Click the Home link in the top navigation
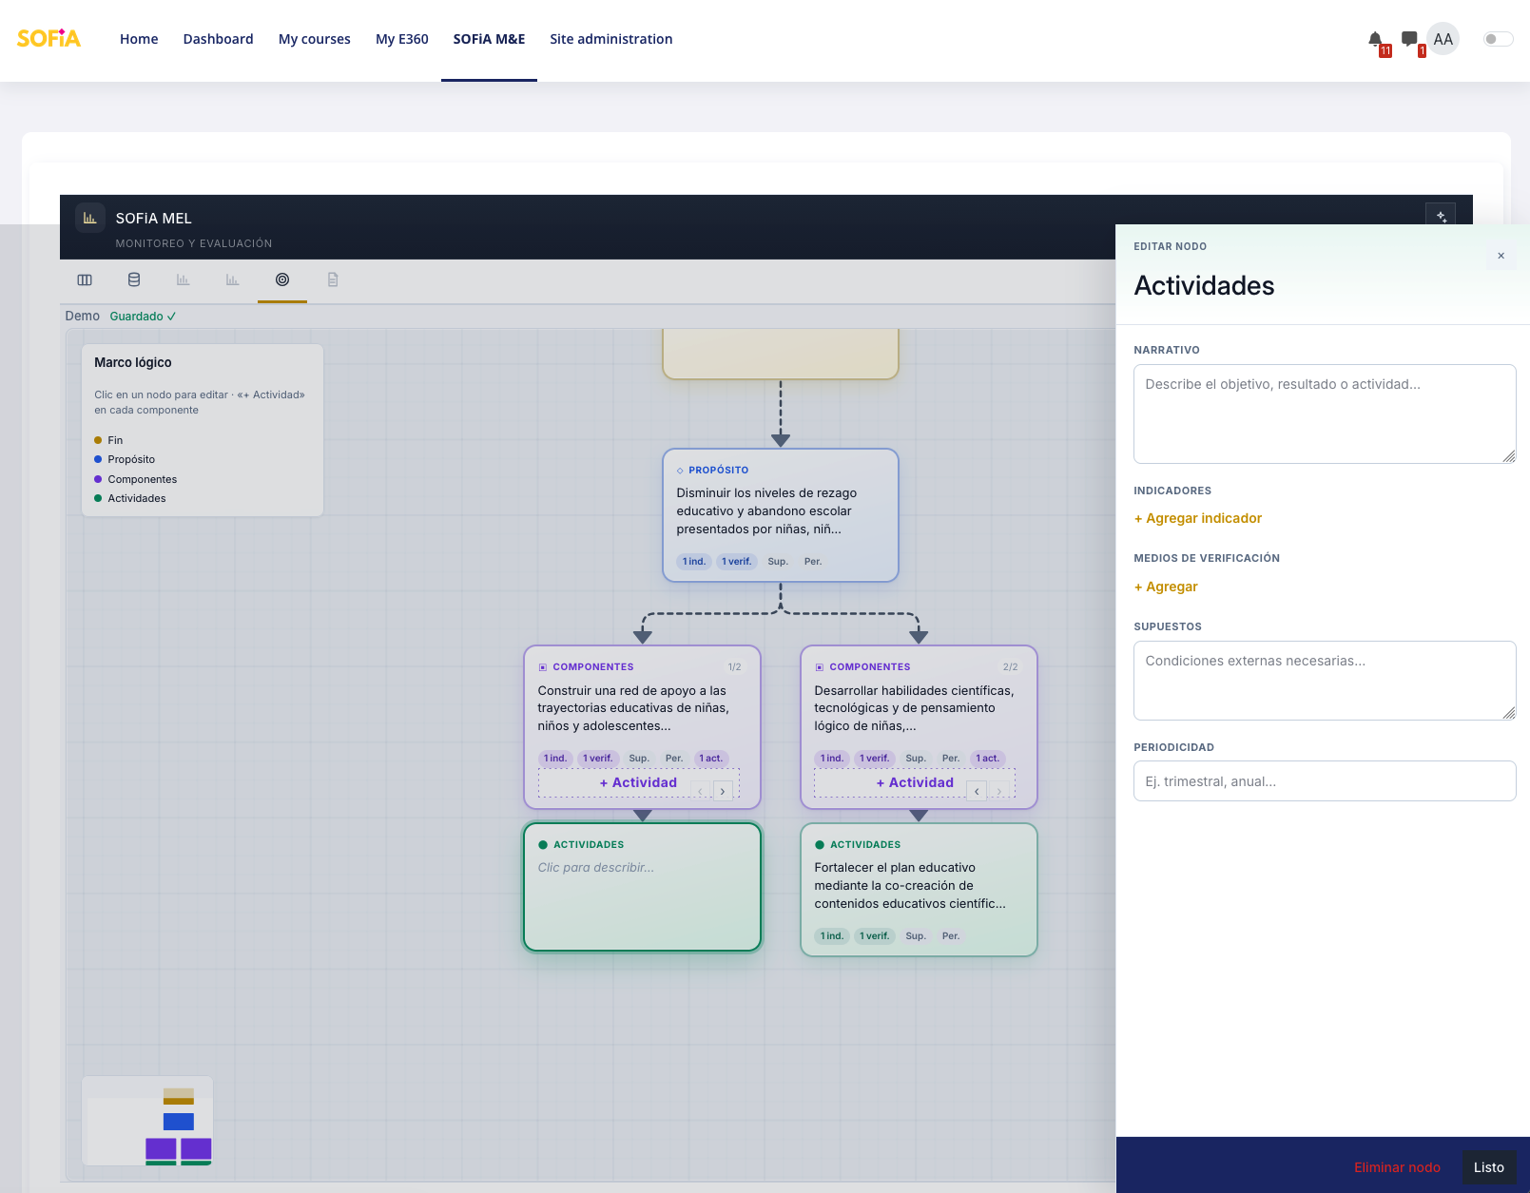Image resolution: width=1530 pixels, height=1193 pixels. (x=139, y=39)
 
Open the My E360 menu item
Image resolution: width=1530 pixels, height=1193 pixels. (x=401, y=39)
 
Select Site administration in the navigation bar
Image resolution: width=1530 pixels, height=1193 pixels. (x=610, y=39)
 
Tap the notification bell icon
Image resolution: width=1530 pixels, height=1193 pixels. (x=1375, y=39)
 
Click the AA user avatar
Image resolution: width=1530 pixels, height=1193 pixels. (x=1442, y=39)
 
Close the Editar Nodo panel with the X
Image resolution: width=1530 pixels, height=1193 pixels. (x=1501, y=256)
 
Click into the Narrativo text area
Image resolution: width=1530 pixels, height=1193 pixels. (x=1324, y=414)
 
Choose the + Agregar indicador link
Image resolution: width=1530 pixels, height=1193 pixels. (x=1197, y=518)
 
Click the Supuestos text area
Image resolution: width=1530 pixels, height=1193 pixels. (x=1324, y=680)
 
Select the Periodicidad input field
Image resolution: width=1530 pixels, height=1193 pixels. (x=1324, y=780)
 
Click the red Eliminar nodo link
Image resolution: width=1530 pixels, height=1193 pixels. (x=1396, y=1167)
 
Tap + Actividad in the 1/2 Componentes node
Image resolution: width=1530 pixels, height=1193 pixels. (x=637, y=782)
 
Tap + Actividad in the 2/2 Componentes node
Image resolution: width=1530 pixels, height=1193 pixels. (x=914, y=782)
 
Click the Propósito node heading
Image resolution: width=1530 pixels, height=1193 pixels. (x=718, y=470)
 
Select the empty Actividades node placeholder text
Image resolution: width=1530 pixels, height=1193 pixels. (x=595, y=867)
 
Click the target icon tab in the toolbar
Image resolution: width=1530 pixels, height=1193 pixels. (x=282, y=279)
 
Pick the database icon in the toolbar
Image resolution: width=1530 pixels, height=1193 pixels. (x=134, y=279)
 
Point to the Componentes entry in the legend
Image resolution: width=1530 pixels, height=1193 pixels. (x=142, y=478)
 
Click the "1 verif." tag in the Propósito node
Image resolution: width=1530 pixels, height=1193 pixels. (x=736, y=561)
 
